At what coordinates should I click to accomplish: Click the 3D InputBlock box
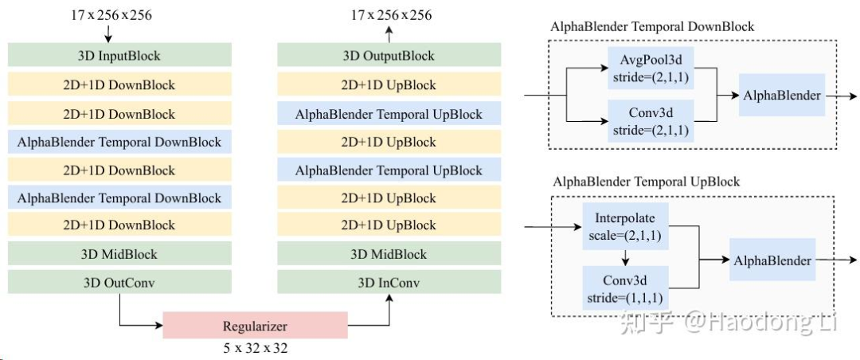(119, 55)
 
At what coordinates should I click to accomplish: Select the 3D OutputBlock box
(389, 55)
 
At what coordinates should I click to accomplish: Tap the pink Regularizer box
(255, 326)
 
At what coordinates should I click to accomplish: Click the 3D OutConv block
(119, 282)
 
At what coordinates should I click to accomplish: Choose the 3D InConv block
(389, 282)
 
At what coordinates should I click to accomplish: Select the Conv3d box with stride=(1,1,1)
(625, 288)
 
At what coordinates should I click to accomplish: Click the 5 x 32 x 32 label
(255, 348)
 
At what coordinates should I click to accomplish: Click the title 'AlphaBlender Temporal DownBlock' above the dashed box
(652, 27)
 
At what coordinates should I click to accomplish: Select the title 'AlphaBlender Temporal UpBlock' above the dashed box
(646, 182)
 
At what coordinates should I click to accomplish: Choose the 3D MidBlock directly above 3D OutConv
(119, 254)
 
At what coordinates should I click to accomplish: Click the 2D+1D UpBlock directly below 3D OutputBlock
(389, 84)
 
